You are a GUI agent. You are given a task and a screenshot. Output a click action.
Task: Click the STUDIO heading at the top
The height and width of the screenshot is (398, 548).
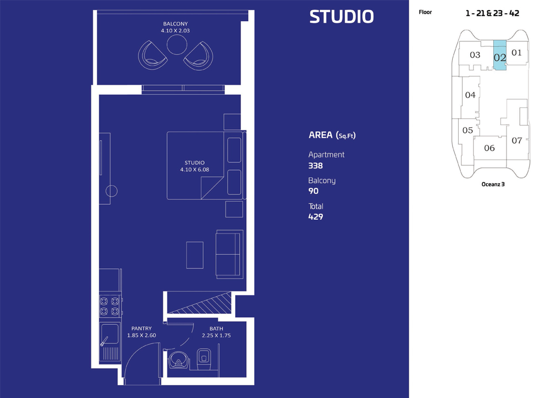[x=341, y=17]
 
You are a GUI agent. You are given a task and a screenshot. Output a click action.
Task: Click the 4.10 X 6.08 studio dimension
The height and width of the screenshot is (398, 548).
[x=195, y=169]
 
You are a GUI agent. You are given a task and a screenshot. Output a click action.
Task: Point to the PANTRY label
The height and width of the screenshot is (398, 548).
[x=141, y=329]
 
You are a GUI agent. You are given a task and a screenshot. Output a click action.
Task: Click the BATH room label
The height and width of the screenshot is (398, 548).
[x=216, y=329]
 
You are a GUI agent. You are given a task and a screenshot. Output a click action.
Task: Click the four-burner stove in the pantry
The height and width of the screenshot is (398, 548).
[x=110, y=306]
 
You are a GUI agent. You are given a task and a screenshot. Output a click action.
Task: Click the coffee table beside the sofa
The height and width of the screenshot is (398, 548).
[x=195, y=255]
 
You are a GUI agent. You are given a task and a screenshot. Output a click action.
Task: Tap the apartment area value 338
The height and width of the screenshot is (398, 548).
[x=316, y=166]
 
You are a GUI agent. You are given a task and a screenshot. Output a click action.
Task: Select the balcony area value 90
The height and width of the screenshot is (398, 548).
[x=313, y=191]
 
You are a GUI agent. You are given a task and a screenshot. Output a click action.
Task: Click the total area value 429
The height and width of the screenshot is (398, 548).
[x=316, y=217]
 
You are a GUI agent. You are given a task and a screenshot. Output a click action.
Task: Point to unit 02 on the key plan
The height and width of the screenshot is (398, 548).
[x=499, y=57]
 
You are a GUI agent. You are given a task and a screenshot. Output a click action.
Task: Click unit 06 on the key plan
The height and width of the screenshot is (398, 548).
[x=489, y=148]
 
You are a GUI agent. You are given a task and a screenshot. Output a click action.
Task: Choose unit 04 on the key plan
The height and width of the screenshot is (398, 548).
[x=470, y=95]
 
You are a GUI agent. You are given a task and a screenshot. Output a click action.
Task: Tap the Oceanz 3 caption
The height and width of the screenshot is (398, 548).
[x=493, y=184]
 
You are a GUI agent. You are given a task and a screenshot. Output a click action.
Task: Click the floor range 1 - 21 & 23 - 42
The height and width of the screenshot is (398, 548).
[x=492, y=13]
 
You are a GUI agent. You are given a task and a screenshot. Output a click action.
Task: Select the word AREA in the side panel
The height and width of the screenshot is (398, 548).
[x=320, y=135]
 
